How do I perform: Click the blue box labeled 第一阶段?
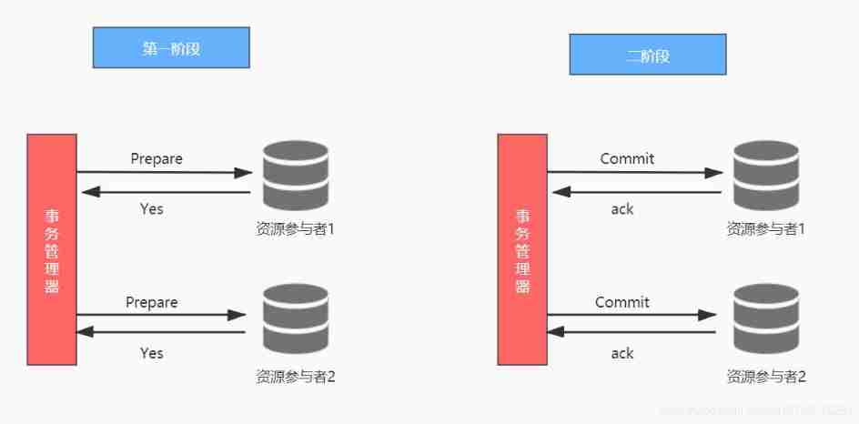point(171,48)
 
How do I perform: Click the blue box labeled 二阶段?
point(647,55)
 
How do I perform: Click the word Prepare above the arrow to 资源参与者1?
point(157,158)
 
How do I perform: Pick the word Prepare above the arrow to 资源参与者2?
point(152,302)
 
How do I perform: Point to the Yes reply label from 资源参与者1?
point(152,208)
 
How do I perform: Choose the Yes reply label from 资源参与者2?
point(152,352)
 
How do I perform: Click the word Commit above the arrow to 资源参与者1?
point(627,158)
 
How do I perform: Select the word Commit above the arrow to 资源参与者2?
point(622,302)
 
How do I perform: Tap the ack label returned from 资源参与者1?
point(622,208)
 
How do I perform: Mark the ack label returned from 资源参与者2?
point(622,352)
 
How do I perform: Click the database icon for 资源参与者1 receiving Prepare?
point(295,174)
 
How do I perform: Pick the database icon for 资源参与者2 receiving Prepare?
point(295,318)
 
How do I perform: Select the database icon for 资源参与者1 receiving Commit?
point(765,174)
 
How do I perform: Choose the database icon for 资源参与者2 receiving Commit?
point(765,318)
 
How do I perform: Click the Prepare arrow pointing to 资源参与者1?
point(164,172)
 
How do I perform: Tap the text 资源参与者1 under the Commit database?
point(766,229)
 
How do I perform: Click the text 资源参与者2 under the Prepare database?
point(296,375)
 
